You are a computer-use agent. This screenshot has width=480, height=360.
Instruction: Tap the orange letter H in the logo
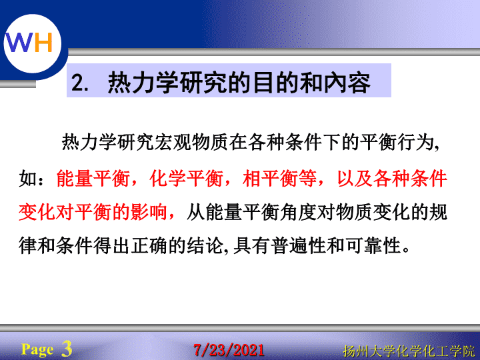43,42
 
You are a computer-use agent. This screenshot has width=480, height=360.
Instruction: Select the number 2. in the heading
80,83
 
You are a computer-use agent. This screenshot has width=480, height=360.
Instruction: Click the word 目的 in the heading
264,82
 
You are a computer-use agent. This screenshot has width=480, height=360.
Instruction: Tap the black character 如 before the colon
28,178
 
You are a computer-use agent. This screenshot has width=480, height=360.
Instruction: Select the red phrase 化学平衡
186,178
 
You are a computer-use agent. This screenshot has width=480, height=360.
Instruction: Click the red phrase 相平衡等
279,178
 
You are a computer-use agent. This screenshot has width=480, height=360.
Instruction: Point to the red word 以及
355,178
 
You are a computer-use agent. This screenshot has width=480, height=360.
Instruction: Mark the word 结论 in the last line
205,245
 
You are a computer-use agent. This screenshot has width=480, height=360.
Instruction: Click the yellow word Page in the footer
37,349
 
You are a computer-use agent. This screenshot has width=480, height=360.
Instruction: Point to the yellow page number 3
67,349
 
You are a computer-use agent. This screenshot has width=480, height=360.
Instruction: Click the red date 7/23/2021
229,350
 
